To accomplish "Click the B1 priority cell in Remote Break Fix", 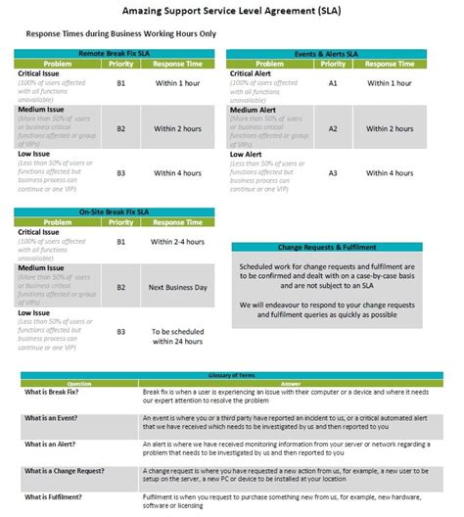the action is pos(121,84).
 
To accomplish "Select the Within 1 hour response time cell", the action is pos(177,84).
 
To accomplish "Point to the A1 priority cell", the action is pos(333,84).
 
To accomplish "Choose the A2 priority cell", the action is pos(333,128).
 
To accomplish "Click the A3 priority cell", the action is pos(333,173).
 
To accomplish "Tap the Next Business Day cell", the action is pos(177,287).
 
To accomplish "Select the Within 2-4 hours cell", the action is pos(177,241).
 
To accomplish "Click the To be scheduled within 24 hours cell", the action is pos(177,336).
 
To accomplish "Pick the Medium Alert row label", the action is pos(253,110).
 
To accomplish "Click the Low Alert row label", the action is pos(247,154).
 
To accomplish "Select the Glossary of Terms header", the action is pos(231,375).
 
